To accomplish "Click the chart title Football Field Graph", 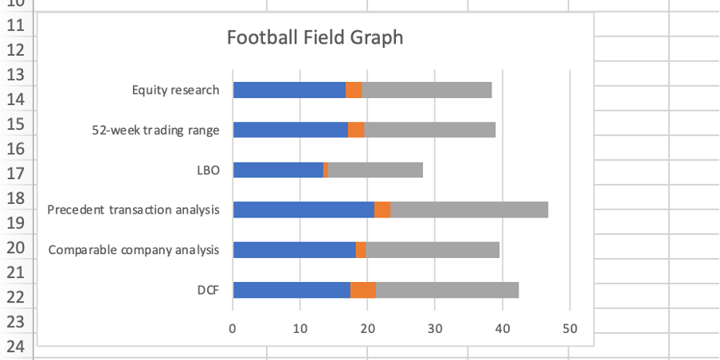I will click(x=315, y=37).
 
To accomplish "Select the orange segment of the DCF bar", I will click(x=362, y=290).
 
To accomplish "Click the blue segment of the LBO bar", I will click(x=278, y=170).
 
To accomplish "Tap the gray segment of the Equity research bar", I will click(x=427, y=90).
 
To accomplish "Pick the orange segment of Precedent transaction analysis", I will click(x=382, y=209).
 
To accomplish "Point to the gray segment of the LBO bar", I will click(x=375, y=170).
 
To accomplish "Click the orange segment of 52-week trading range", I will click(x=356, y=130).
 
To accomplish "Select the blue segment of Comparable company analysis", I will click(x=294, y=250).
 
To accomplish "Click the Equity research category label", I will click(x=175, y=90).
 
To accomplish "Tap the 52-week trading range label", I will click(x=155, y=130).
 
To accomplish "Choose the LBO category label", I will click(x=208, y=170).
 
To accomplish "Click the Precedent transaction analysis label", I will click(x=133, y=209).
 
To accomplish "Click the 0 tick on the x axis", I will click(x=233, y=327).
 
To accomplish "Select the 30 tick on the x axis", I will click(x=435, y=327).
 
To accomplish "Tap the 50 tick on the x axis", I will click(x=569, y=327).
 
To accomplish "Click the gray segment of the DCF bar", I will click(x=447, y=290).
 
